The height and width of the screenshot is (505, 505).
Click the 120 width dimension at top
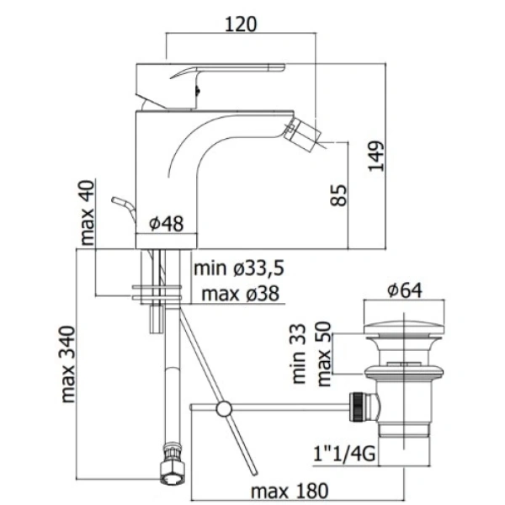(x=241, y=24)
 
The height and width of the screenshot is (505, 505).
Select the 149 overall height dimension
(x=376, y=156)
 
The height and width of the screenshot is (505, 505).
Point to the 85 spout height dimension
(x=339, y=195)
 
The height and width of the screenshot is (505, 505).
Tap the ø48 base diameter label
(x=167, y=223)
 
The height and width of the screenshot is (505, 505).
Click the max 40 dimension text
(x=87, y=213)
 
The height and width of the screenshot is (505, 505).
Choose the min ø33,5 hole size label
(x=239, y=268)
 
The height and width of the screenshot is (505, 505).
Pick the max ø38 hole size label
(x=240, y=294)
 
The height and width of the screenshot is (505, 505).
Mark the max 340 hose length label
(x=68, y=364)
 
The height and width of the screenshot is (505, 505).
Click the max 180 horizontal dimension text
(x=290, y=492)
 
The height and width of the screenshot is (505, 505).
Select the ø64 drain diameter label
(x=405, y=290)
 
